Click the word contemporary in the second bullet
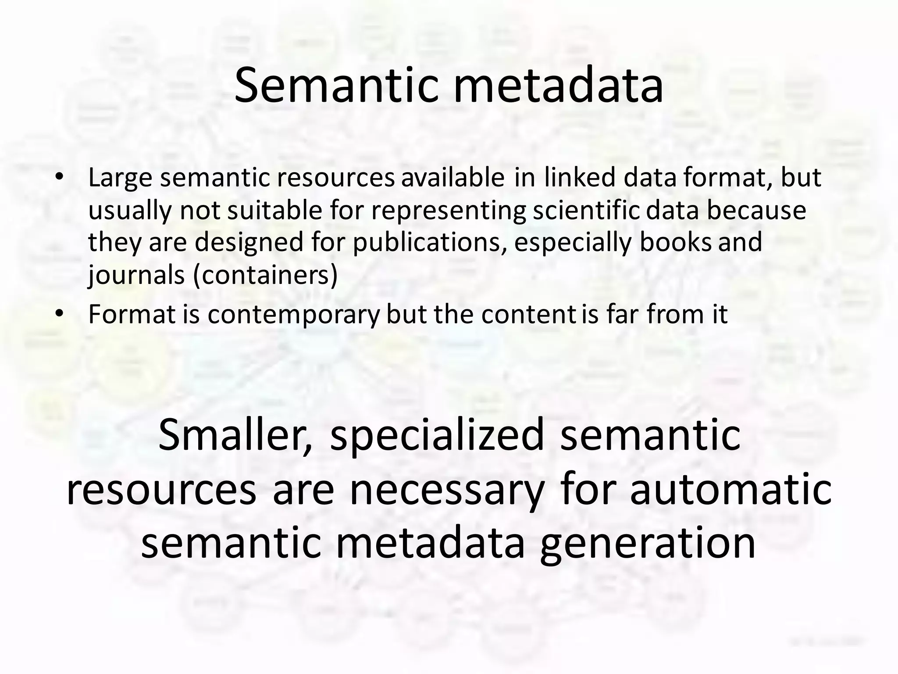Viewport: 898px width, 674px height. pyautogui.click(x=293, y=315)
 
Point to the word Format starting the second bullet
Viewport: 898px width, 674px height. pyautogui.click(x=132, y=314)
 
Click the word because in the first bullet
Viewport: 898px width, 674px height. pyautogui.click(x=756, y=211)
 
